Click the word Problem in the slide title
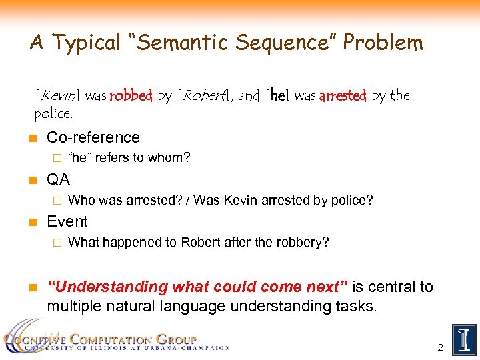(x=382, y=43)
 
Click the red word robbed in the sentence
(x=131, y=96)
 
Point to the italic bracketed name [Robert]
(x=205, y=96)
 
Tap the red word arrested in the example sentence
(x=343, y=96)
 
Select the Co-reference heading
(x=93, y=138)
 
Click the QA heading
(x=59, y=179)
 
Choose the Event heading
(x=67, y=221)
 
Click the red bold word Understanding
(x=109, y=287)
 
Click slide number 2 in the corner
(x=440, y=347)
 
